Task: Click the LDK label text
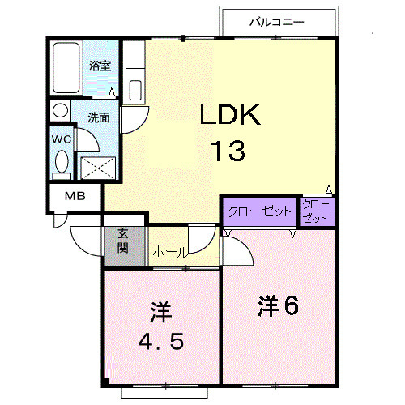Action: pos(230,116)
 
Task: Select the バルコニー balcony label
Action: pos(275,23)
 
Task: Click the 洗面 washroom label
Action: pos(99,117)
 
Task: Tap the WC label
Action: pos(62,139)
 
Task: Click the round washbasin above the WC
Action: pos(61,110)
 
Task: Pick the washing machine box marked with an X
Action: pos(98,167)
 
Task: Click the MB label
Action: pos(74,196)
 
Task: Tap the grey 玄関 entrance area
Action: pos(124,242)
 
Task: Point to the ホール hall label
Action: pos(167,250)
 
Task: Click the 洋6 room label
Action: pos(279,305)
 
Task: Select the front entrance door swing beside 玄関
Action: pos(87,241)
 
